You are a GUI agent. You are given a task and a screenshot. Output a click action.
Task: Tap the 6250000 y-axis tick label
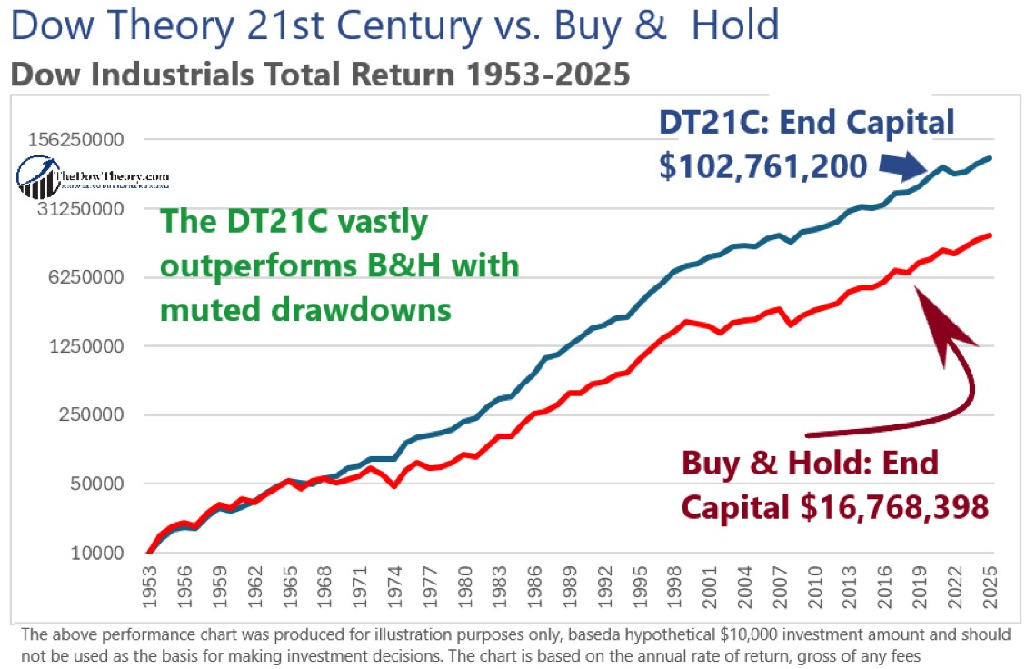coord(94,277)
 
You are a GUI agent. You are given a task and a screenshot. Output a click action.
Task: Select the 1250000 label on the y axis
coord(94,346)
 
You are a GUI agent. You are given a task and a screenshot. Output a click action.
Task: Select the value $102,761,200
coord(769,166)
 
